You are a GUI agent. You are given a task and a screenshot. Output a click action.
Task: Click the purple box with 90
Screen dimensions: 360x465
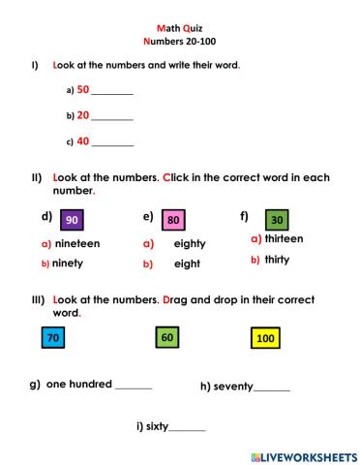tap(73, 220)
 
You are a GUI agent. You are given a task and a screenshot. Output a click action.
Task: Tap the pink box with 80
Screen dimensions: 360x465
tap(173, 220)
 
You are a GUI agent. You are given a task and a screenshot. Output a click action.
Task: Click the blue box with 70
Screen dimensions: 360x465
tap(52, 338)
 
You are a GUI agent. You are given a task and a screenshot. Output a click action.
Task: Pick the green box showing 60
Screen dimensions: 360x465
tap(167, 338)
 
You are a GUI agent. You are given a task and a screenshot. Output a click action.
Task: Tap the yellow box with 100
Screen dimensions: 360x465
tap(264, 338)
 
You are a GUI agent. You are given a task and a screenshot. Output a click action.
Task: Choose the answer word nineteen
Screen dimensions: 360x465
tap(77, 243)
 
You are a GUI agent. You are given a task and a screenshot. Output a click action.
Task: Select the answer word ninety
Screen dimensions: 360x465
tap(68, 263)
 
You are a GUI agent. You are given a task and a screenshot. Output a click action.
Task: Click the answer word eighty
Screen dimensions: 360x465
tap(190, 244)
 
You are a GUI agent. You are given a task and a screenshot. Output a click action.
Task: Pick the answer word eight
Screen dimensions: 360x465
tap(187, 263)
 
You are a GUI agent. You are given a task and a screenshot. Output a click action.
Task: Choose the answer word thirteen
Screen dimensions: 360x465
tap(284, 238)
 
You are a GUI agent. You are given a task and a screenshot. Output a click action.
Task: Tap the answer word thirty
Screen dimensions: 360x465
tap(277, 260)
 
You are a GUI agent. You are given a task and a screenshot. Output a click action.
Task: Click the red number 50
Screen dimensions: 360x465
tap(83, 89)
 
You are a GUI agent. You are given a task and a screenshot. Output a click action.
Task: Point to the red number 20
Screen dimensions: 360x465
tap(83, 114)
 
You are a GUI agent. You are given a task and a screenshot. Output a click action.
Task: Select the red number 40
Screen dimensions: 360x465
tap(83, 140)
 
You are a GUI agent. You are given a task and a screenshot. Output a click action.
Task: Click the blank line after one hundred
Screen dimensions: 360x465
tap(134, 387)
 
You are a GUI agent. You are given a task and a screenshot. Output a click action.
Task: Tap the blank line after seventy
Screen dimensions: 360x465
tap(272, 389)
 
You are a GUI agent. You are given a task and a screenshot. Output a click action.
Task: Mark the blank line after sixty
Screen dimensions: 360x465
tap(187, 428)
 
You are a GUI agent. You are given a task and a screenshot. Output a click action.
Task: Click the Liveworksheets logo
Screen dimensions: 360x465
tap(303, 454)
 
